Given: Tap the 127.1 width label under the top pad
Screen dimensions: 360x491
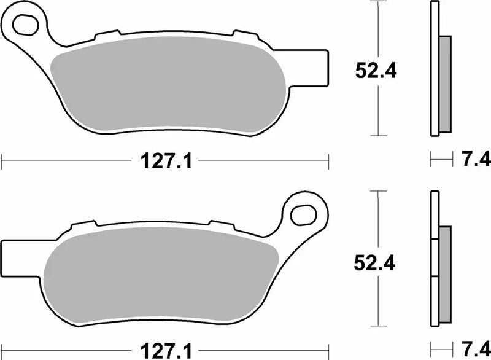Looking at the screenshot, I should (164, 162).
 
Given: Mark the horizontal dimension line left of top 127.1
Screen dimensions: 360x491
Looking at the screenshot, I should (61, 162).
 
